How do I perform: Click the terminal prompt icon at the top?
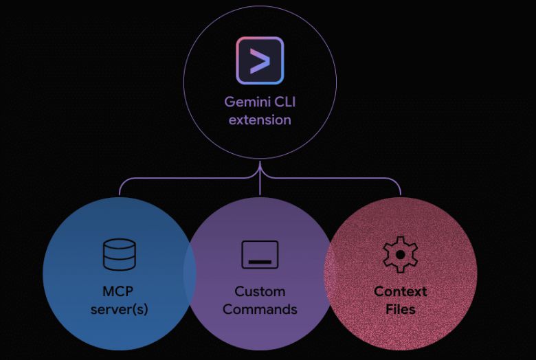pyautogui.click(x=260, y=60)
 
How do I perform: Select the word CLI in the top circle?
pyautogui.click(x=284, y=102)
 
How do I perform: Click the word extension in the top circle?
pyautogui.click(x=260, y=120)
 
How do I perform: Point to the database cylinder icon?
pyautogui.click(x=119, y=254)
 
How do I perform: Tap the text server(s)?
pyautogui.click(x=119, y=309)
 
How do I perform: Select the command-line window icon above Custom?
pyautogui.click(x=260, y=254)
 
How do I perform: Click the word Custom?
pyautogui.click(x=260, y=291)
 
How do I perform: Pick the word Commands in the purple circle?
pyautogui.click(x=260, y=309)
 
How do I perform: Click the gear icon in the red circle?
pyautogui.click(x=400, y=254)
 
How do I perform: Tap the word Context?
pyautogui.click(x=400, y=291)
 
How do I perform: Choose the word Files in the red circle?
pyautogui.click(x=400, y=309)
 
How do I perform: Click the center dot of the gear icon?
pyautogui.click(x=400, y=254)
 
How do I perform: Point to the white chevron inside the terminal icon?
pyautogui.click(x=260, y=60)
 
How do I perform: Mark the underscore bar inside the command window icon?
pyautogui.click(x=260, y=262)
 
